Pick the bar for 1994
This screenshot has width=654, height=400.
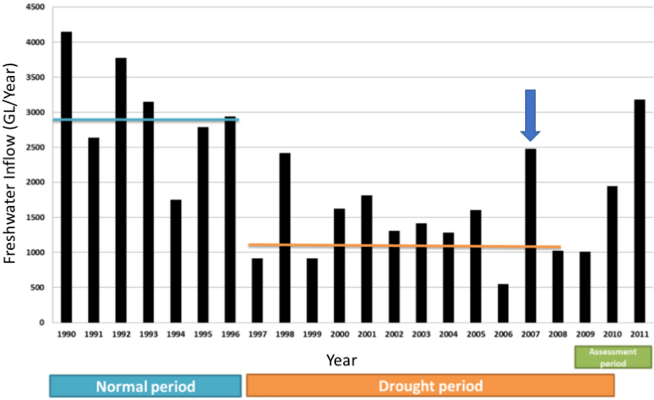pyautogui.click(x=175, y=261)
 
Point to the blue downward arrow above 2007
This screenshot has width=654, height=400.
pyautogui.click(x=530, y=114)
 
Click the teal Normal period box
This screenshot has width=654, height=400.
pyautogui.click(x=145, y=386)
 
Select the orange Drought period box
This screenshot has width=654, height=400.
pyautogui.click(x=430, y=386)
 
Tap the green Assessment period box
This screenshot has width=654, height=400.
pyautogui.click(x=613, y=357)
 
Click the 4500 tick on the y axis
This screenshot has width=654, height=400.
pyautogui.click(x=35, y=7)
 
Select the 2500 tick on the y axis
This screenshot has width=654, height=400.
pyautogui.click(x=35, y=148)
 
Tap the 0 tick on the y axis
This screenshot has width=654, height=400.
pyautogui.click(x=42, y=323)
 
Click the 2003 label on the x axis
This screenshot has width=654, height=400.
pyautogui.click(x=421, y=334)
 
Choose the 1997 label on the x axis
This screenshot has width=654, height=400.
pyautogui.click(x=257, y=334)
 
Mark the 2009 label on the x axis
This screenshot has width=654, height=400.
pyautogui.click(x=585, y=334)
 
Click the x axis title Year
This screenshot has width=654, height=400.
pyautogui.click(x=341, y=360)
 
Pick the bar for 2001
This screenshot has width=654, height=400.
pyautogui.click(x=367, y=259)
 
